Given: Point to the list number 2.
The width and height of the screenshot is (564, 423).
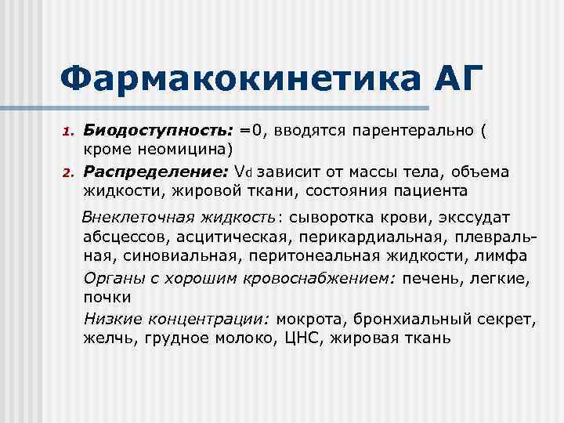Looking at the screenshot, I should pos(68,172).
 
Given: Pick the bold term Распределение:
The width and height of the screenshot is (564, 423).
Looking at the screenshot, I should pos(156,171).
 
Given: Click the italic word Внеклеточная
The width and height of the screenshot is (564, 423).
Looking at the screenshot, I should pos(134,216).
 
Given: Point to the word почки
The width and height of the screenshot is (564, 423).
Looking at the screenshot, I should pos(107,297).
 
